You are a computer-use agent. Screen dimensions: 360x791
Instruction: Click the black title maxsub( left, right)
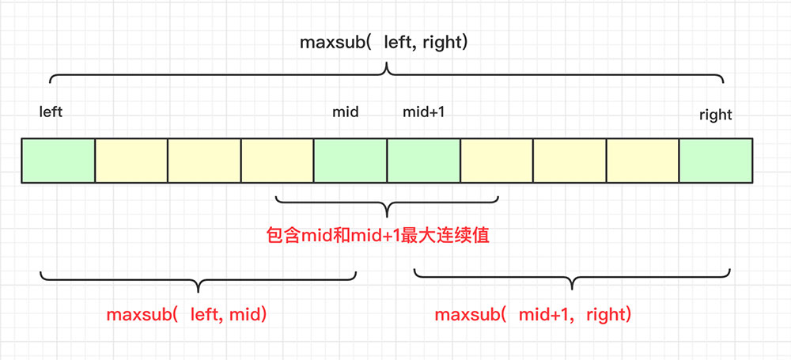tap(384, 42)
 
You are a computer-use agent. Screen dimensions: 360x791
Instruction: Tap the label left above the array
tap(51, 112)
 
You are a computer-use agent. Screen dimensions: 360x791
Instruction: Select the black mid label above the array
tap(345, 112)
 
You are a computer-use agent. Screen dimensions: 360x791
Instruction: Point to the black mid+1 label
tap(423, 112)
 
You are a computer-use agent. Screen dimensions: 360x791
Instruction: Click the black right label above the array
tap(715, 115)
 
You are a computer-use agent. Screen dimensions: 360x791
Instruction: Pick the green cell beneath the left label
tap(58, 161)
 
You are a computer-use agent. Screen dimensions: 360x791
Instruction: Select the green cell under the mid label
tap(350, 161)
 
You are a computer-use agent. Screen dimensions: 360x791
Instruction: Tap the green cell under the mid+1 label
tap(423, 161)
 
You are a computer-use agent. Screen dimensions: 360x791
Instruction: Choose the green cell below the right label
tap(716, 161)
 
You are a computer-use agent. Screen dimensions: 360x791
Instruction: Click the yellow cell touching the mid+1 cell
tap(497, 161)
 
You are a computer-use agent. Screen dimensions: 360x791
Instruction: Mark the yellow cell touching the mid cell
tap(277, 161)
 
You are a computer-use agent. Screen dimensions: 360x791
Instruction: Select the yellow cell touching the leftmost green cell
tap(131, 161)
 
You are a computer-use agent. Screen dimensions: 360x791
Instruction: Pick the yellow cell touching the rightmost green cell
tap(642, 161)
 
